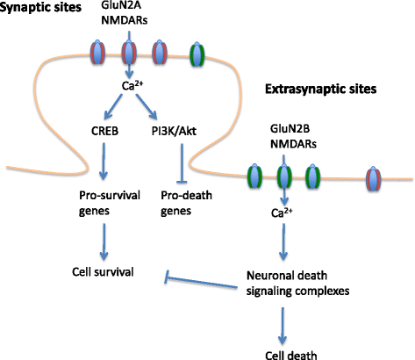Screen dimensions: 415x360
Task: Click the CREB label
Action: click(104, 131)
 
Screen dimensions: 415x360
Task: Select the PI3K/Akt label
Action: click(174, 131)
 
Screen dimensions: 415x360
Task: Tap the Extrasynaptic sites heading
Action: click(320, 89)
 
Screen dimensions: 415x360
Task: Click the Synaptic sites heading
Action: click(40, 7)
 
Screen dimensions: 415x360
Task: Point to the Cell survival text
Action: click(103, 272)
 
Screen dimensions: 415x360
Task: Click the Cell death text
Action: click(291, 355)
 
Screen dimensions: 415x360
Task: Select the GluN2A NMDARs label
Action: click(125, 13)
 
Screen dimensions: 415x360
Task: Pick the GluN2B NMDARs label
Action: click(293, 136)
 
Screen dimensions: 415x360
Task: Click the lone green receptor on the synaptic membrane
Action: click(197, 54)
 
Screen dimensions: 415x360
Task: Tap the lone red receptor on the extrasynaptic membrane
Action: click(374, 178)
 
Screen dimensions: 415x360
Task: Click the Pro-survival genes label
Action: click(110, 203)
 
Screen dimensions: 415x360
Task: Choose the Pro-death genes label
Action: click(186, 203)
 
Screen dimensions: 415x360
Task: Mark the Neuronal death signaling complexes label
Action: click(297, 284)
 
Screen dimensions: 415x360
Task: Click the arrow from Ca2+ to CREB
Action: click(113, 106)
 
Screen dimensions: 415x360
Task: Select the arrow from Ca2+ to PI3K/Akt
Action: click(147, 106)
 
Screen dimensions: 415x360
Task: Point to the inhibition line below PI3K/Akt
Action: click(182, 163)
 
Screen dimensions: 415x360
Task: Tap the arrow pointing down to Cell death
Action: click(283, 326)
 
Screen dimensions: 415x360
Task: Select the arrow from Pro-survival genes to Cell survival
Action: click(104, 241)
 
